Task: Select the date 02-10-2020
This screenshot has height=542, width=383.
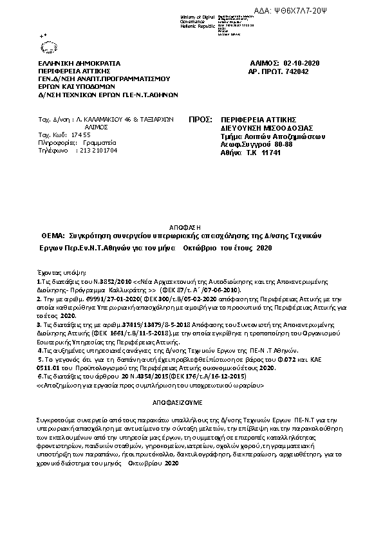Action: pyautogui.click(x=301, y=62)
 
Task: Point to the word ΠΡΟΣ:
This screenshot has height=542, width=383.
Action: pyautogui.click(x=200, y=120)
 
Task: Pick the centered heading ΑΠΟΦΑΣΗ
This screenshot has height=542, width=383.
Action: pyautogui.click(x=189, y=227)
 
